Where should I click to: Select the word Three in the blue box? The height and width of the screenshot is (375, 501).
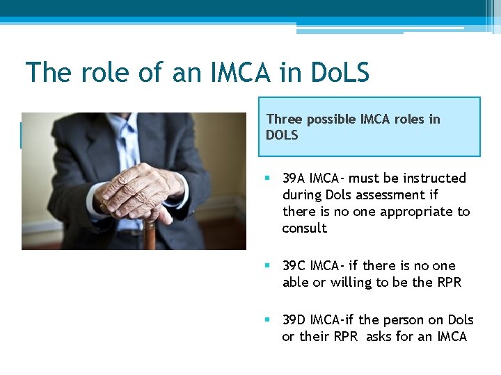coord(284,119)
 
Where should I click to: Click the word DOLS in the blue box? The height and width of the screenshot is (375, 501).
coord(282,135)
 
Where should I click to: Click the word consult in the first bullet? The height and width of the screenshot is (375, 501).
coord(304,228)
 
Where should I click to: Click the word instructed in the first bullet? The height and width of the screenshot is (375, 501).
coord(431,178)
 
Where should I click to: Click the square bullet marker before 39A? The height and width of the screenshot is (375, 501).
coord(269,179)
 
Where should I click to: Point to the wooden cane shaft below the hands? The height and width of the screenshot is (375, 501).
coord(149,237)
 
